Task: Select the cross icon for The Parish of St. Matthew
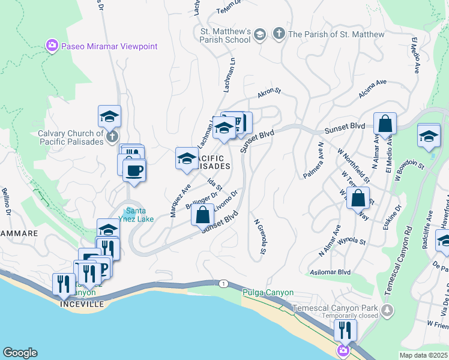click(x=279, y=34)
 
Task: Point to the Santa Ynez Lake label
click(x=139, y=215)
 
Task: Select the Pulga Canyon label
click(x=268, y=293)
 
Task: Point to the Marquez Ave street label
click(x=179, y=200)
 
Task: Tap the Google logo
click(x=20, y=353)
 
